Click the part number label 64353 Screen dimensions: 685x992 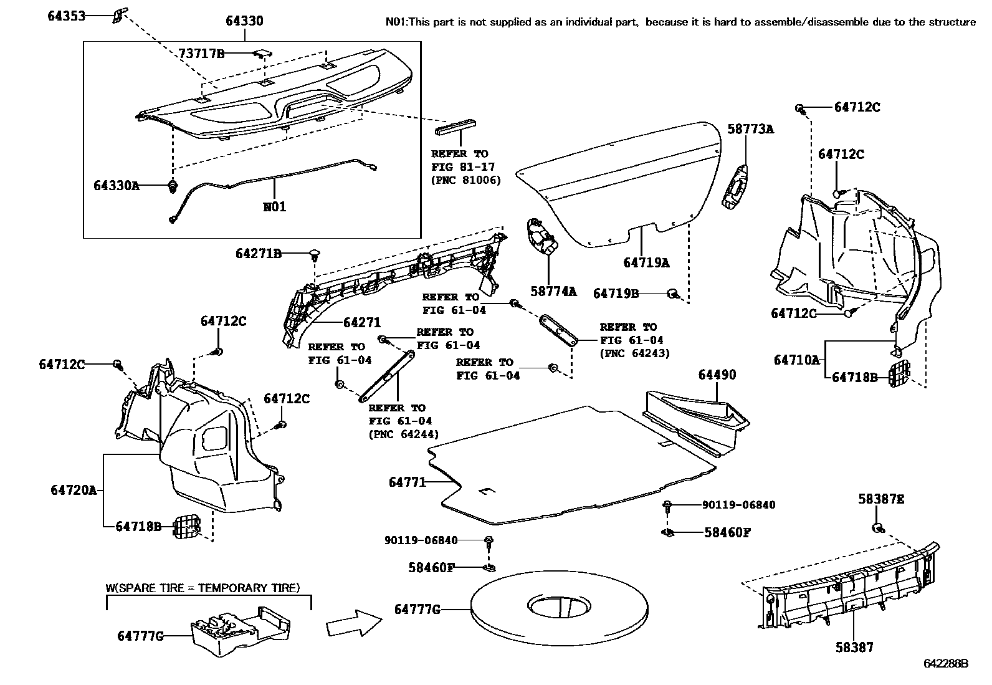pyautogui.click(x=66, y=16)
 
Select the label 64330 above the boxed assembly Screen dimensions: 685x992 pyautogui.click(x=244, y=21)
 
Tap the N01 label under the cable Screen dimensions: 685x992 pyautogui.click(x=275, y=206)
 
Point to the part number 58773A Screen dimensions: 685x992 pyautogui.click(x=750, y=129)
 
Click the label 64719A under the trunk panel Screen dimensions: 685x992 pyautogui.click(x=646, y=262)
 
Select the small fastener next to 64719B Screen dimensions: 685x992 pyautogui.click(x=673, y=293)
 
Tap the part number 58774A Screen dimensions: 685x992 pyautogui.click(x=553, y=291)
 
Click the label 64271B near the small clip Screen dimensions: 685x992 pyautogui.click(x=259, y=254)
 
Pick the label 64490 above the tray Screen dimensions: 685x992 pyautogui.click(x=717, y=375)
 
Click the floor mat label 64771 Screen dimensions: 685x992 pyautogui.click(x=407, y=482)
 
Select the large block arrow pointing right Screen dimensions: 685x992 pyautogui.click(x=353, y=623)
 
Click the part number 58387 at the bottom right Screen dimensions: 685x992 pyautogui.click(x=854, y=648)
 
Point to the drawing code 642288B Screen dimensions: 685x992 pyautogui.click(x=945, y=664)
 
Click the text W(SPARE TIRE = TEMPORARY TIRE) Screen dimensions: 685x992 pyautogui.click(x=202, y=588)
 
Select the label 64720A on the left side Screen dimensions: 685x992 pyautogui.click(x=74, y=490)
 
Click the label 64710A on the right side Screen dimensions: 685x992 pyautogui.click(x=796, y=360)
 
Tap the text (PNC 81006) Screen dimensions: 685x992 pyautogui.click(x=466, y=181)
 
